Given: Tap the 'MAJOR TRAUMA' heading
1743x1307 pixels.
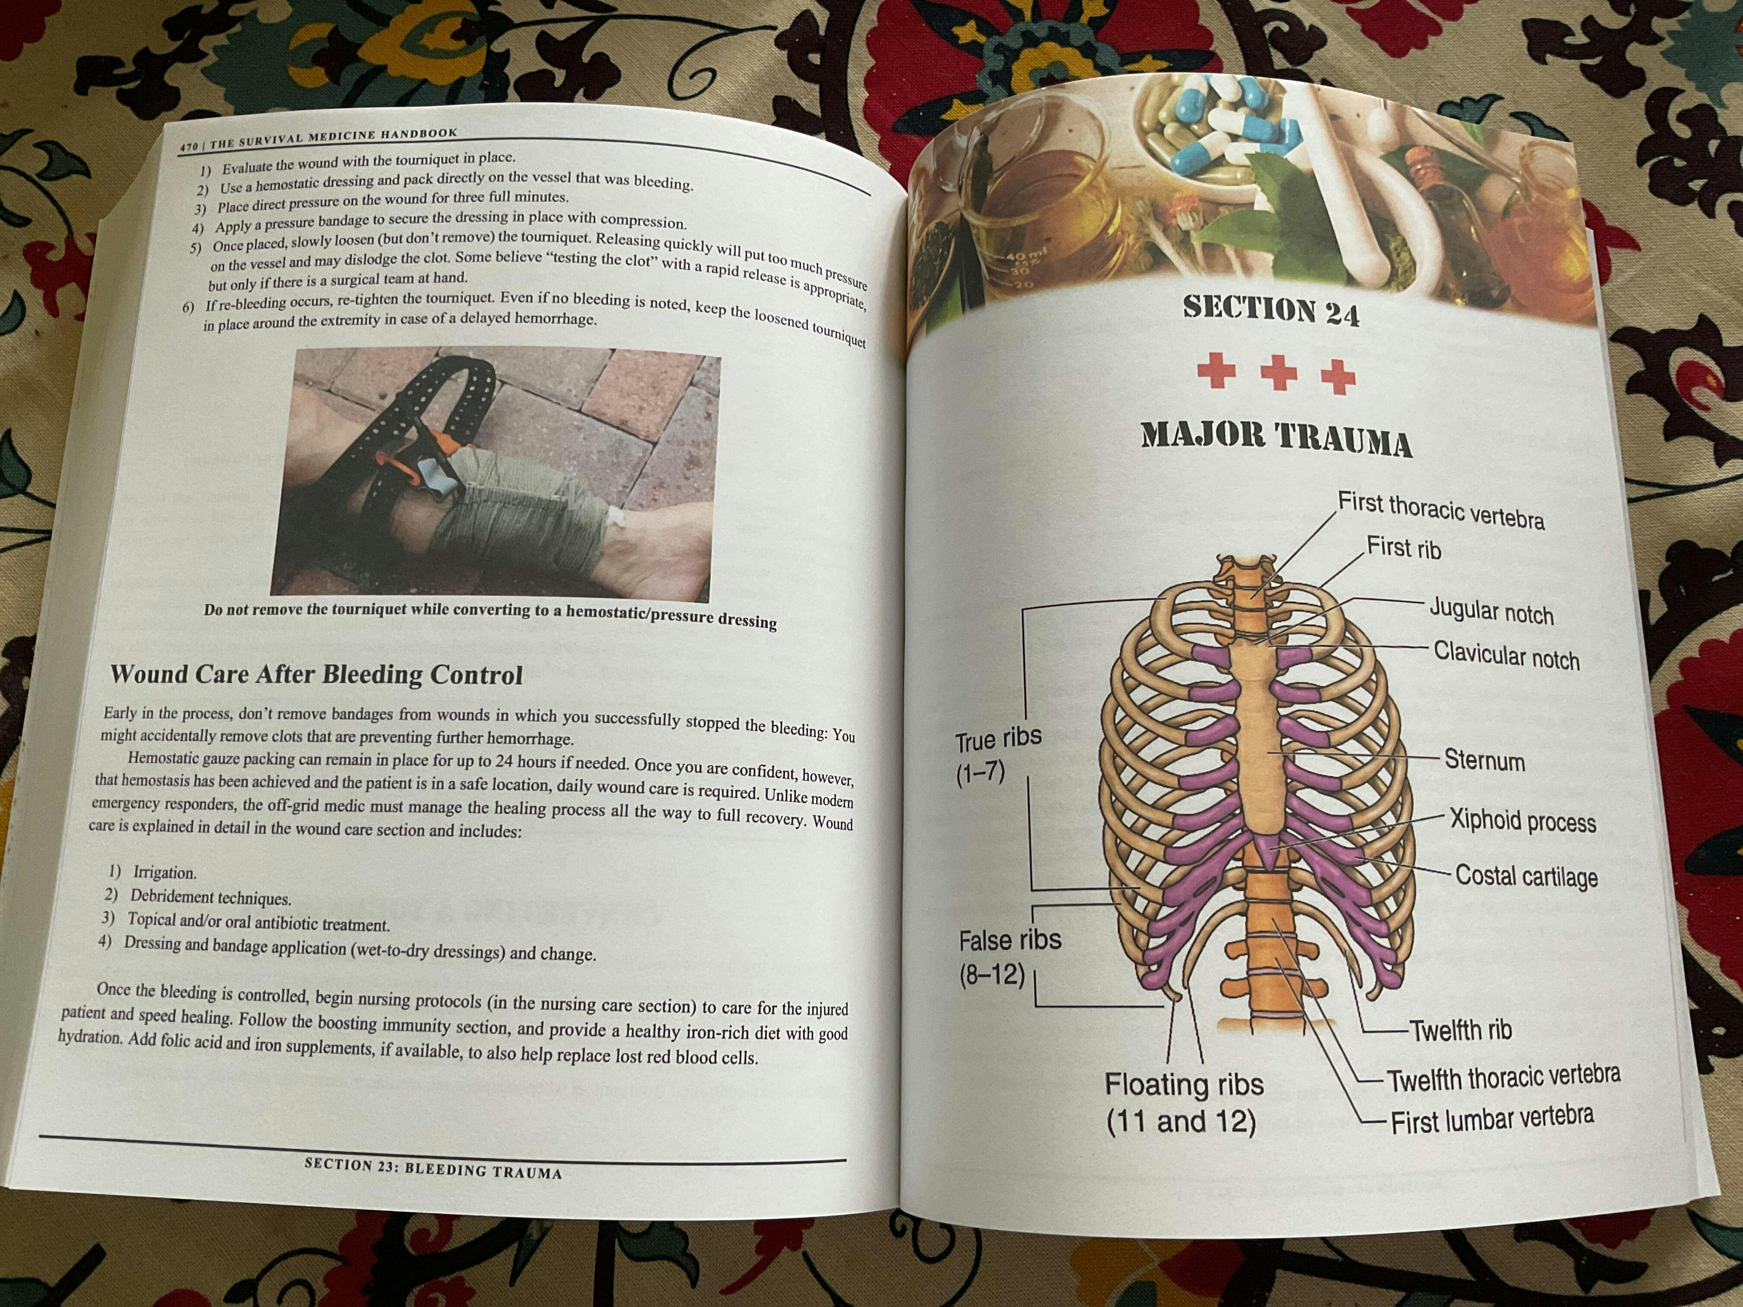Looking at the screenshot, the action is [x=1276, y=439].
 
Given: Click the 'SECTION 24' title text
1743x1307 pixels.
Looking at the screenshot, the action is [x=1271, y=309].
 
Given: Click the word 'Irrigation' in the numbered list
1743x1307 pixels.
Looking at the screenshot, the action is [x=165, y=872].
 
